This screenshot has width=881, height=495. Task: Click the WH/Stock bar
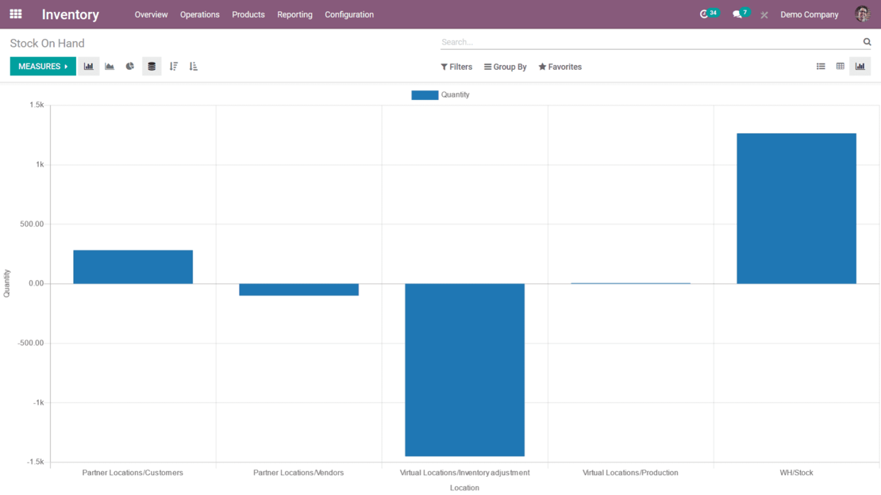(796, 208)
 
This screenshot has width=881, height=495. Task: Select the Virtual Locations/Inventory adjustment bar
(464, 370)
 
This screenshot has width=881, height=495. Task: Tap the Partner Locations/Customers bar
(133, 267)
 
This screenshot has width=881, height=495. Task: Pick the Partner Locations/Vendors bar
(298, 290)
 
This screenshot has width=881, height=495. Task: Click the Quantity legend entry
(440, 95)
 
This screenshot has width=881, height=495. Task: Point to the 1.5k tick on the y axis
(37, 105)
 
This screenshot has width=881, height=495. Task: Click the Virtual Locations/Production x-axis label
(630, 473)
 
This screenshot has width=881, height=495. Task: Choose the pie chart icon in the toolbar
(130, 67)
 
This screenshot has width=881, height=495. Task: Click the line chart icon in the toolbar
(110, 67)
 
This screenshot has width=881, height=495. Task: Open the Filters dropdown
(456, 67)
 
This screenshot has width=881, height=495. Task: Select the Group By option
(506, 67)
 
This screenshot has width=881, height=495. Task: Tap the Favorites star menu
(560, 67)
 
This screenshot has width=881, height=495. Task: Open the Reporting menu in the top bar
(294, 14)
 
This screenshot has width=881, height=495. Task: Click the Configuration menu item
(349, 14)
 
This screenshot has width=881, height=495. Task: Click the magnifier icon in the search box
(867, 42)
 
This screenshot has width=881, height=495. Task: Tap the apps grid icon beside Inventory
(16, 14)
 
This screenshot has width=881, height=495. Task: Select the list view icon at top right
(821, 67)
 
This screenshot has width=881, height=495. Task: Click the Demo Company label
(809, 14)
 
